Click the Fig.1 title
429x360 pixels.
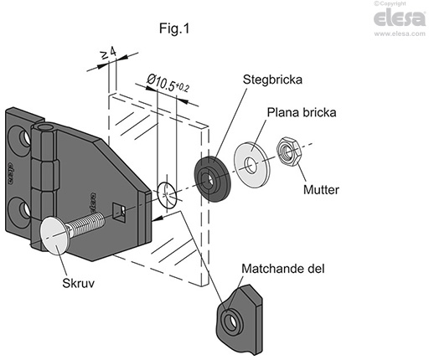click(x=174, y=28)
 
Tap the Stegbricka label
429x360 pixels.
click(x=272, y=80)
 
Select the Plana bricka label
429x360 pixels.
click(x=302, y=112)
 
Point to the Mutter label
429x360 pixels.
click(x=321, y=190)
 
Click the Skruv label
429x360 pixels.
click(x=79, y=283)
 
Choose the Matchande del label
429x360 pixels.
click(x=283, y=269)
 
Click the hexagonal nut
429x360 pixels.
click(x=289, y=152)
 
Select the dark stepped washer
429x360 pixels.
click(x=213, y=179)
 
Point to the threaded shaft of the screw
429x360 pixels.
click(x=86, y=222)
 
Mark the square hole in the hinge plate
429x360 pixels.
click(x=119, y=213)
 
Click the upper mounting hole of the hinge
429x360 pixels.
click(x=24, y=137)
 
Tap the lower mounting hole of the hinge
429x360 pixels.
click(x=24, y=210)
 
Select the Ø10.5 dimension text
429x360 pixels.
click(x=168, y=83)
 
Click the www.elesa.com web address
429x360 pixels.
click(x=400, y=33)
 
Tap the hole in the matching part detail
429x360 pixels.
click(x=230, y=321)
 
